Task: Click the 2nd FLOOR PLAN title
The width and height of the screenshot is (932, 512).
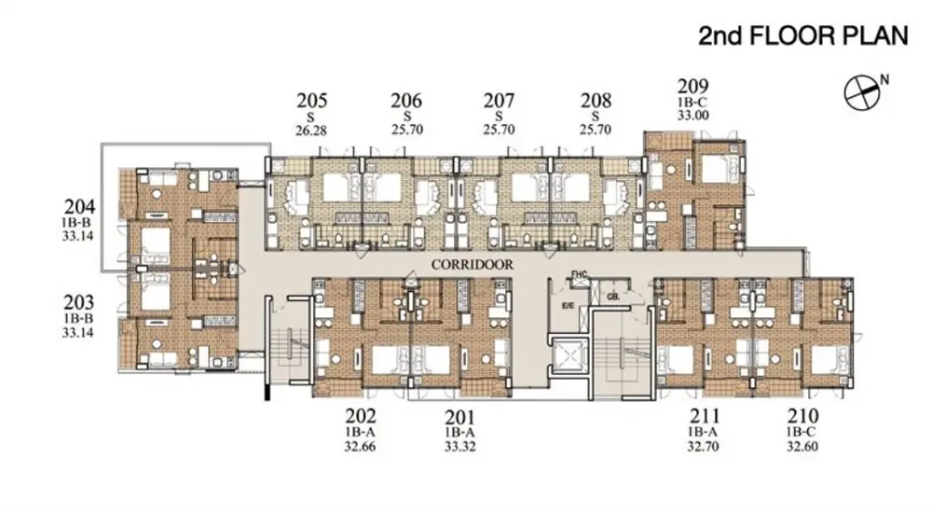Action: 803,35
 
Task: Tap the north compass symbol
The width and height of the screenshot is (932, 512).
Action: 862,92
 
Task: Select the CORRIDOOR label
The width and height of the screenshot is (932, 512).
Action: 472,265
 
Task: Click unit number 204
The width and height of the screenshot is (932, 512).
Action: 79,207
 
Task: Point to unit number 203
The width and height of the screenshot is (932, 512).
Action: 79,303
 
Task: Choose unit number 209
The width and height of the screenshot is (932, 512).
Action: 693,87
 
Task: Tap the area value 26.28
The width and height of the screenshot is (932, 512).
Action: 311,131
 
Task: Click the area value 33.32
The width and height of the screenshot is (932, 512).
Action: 460,446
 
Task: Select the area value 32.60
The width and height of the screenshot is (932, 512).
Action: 802,446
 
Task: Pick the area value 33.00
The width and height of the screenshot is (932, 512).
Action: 693,116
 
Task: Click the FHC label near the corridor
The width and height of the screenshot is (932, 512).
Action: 579,274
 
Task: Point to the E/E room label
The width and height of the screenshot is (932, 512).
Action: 569,306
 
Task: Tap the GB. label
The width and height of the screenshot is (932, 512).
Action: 614,297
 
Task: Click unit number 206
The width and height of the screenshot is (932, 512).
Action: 406,101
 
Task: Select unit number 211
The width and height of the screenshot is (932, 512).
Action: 705,416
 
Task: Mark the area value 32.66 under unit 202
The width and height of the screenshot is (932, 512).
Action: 360,446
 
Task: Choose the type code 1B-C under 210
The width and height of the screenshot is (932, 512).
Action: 802,433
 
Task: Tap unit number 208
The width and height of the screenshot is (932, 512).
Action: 596,101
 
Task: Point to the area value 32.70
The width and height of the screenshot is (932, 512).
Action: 703,446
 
